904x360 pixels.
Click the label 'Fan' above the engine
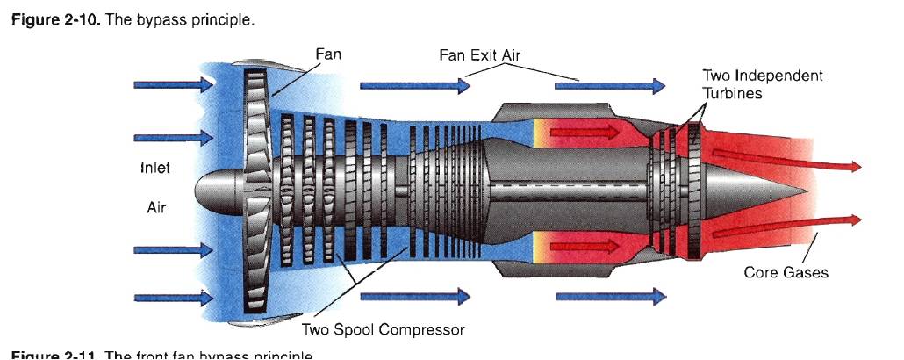(x=328, y=54)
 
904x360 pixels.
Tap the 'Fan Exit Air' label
(x=479, y=55)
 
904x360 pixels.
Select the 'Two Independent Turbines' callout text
(x=762, y=83)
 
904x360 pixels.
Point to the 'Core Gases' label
(x=786, y=272)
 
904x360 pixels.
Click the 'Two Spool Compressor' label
(x=383, y=330)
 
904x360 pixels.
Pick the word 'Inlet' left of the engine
(x=155, y=168)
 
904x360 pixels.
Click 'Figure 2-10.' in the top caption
(x=54, y=18)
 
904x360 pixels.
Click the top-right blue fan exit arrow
(x=611, y=85)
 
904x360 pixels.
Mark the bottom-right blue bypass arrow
(x=611, y=297)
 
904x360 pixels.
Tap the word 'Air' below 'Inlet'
(x=155, y=208)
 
